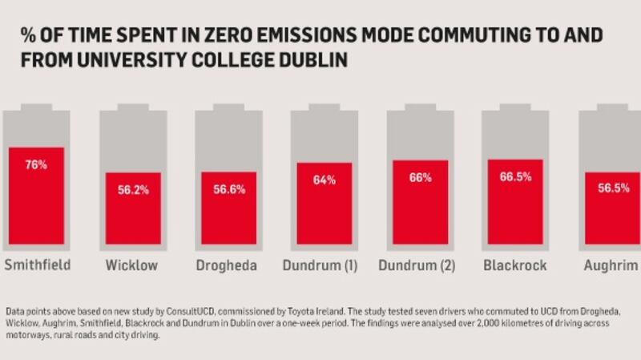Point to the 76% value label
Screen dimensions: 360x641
[x=36, y=165]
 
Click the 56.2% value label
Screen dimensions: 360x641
[x=133, y=191]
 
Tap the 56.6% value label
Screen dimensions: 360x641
[x=228, y=190]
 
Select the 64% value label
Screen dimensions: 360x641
[x=325, y=180]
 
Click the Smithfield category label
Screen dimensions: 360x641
[x=38, y=265]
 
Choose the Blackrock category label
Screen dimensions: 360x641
[x=515, y=265]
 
